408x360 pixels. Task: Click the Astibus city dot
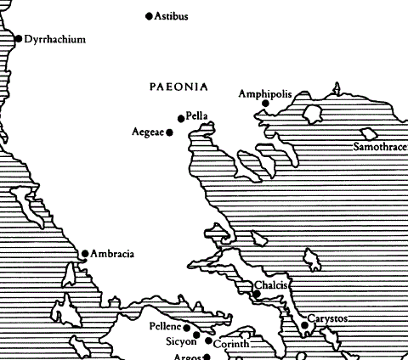(150, 16)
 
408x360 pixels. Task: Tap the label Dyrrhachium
(55, 39)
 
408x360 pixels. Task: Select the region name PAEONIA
(178, 87)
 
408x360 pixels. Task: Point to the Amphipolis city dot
(265, 104)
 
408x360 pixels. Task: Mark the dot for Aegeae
(170, 132)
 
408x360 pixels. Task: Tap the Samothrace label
(380, 148)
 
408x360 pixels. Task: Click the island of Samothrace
(369, 133)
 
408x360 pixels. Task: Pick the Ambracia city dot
(84, 253)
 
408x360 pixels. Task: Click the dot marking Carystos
(304, 324)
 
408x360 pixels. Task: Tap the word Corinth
(230, 345)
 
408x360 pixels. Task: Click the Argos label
(187, 356)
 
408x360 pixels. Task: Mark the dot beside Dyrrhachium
(19, 38)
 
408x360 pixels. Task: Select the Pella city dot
(180, 118)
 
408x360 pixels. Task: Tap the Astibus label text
(172, 16)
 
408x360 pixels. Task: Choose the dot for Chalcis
(257, 294)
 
